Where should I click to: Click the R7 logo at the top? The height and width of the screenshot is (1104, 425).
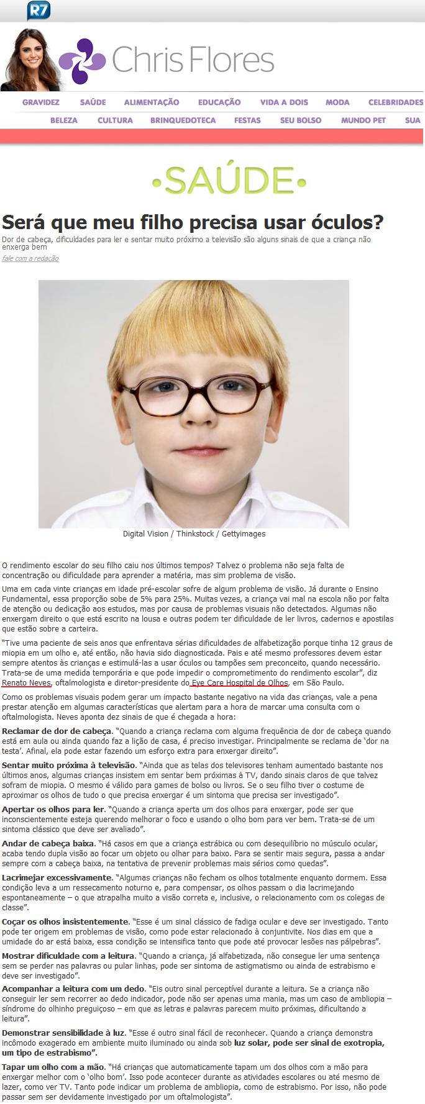(38, 10)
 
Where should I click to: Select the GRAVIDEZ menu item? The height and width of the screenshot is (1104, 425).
(41, 102)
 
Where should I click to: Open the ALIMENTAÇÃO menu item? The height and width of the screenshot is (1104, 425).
(152, 102)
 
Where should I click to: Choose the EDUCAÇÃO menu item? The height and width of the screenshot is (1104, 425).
(219, 102)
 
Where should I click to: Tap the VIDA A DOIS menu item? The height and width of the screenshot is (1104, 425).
(284, 102)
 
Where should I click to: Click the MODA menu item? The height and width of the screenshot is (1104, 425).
(337, 102)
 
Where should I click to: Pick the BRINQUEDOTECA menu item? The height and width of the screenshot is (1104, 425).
(183, 120)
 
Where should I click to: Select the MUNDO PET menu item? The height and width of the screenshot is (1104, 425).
(363, 120)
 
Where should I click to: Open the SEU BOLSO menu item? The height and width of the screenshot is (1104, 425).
(301, 120)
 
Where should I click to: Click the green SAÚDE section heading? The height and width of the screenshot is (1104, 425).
(229, 181)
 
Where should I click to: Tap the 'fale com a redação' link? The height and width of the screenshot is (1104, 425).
(30, 258)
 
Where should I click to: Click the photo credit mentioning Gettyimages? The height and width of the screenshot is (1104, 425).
(194, 534)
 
